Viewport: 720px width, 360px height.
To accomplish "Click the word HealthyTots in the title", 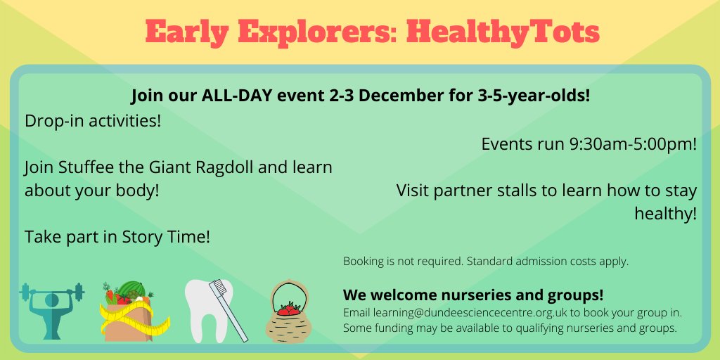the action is tap(503, 32).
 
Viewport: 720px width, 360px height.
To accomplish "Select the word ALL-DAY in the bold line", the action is tap(233, 96).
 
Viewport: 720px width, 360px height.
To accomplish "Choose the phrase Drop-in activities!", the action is tap(93, 121).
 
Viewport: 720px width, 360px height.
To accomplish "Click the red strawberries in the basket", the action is tap(289, 309).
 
